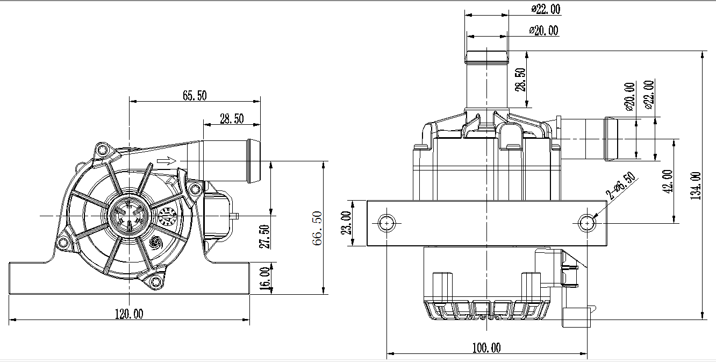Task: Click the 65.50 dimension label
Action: pos(195,96)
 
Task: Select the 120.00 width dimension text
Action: pos(129,314)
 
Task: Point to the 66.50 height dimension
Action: pos(318,228)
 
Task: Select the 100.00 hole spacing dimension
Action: pos(486,348)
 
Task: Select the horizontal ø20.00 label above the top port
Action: pos(543,31)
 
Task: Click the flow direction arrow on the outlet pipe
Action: pos(167,161)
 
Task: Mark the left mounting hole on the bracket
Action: pos(386,223)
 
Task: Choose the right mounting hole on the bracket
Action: pos(588,223)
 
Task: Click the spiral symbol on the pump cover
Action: pos(155,243)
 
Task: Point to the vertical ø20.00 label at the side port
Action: pos(629,96)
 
